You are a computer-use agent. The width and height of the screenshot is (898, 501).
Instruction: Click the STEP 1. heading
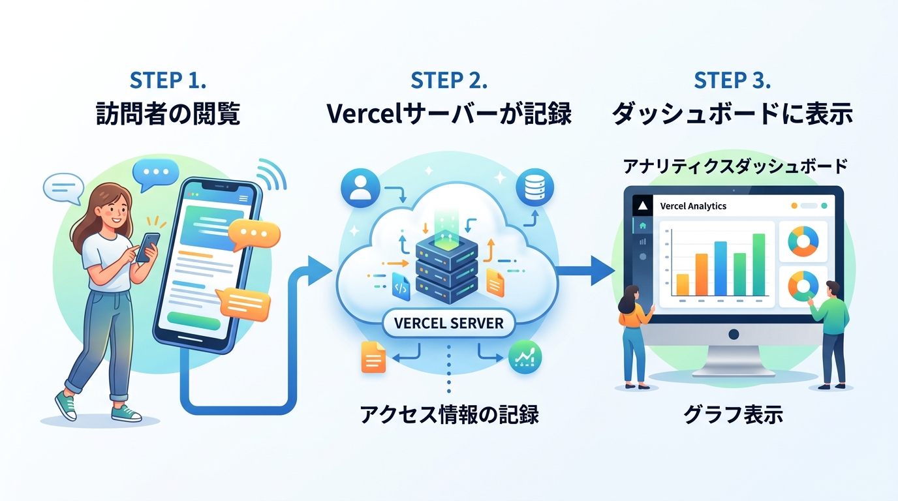168,80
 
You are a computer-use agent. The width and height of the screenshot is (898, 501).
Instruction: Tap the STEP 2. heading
449,80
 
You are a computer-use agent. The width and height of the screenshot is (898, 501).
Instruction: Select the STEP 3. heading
732,80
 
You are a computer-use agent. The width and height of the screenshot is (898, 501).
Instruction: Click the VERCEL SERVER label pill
449,323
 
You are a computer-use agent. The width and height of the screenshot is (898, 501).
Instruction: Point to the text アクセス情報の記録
449,414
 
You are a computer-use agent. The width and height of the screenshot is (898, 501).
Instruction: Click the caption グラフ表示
733,414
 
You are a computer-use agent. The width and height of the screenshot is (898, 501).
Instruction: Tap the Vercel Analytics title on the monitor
693,206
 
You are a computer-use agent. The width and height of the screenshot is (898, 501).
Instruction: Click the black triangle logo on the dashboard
643,205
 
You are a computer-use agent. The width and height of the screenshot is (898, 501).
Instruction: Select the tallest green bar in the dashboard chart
759,264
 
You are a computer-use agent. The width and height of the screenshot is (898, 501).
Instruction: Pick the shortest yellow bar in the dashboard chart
683,284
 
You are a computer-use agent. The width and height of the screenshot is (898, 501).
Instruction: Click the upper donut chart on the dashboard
803,241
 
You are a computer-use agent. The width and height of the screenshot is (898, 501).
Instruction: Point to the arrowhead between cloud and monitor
602,270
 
